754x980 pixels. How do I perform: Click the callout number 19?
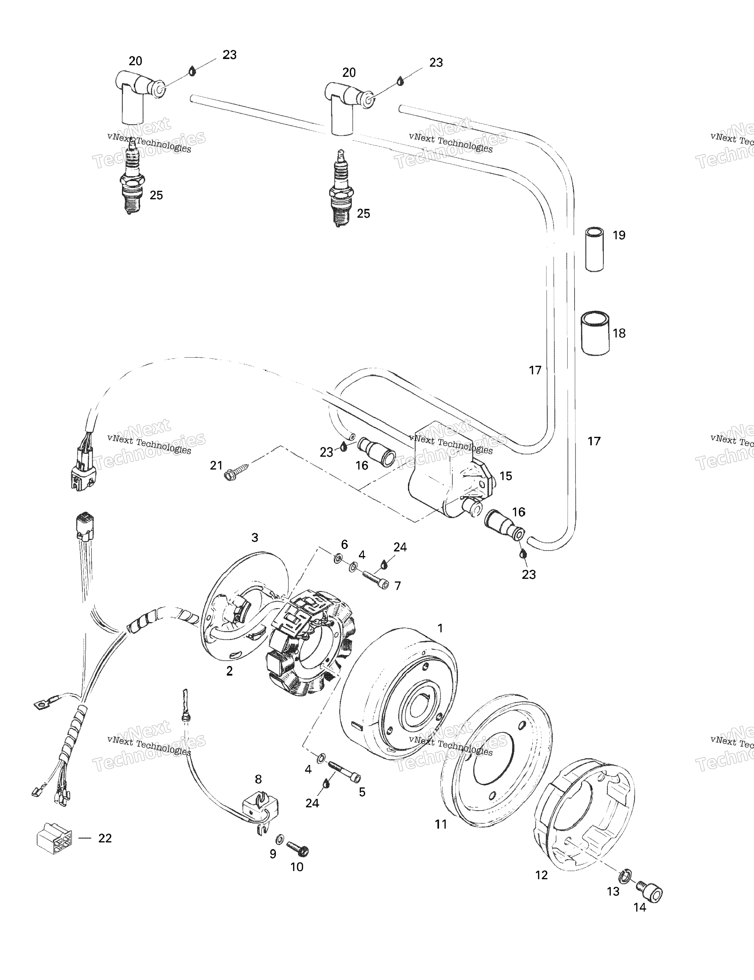click(619, 235)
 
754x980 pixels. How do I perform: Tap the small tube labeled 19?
click(595, 250)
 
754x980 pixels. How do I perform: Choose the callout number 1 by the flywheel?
click(440, 628)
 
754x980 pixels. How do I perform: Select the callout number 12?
click(541, 875)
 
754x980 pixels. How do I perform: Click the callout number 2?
click(229, 683)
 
